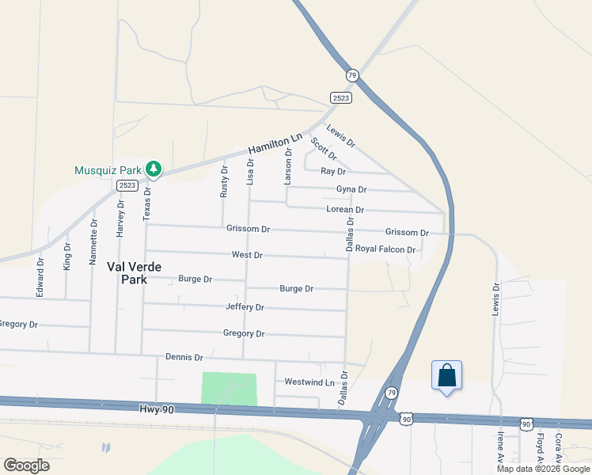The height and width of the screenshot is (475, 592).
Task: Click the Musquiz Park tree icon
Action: point(154,169)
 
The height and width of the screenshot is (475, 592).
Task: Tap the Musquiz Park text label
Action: point(108,170)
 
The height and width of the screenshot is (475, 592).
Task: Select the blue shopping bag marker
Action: point(446,376)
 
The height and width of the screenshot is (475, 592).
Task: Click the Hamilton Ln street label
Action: point(275,143)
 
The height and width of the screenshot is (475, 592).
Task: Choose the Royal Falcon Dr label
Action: point(385,249)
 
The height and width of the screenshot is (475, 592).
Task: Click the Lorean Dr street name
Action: point(345,210)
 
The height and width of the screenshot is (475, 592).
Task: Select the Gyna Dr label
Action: point(351,190)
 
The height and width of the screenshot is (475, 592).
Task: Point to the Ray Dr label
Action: point(333,172)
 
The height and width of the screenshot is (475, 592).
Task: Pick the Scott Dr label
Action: point(323,149)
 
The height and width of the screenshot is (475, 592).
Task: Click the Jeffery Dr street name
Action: point(245,307)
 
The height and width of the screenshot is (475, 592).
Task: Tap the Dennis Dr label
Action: point(184,358)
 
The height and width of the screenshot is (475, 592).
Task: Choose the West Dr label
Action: point(247,255)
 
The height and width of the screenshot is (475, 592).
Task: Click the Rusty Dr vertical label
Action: point(224,182)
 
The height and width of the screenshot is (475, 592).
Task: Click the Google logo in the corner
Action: point(26,465)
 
